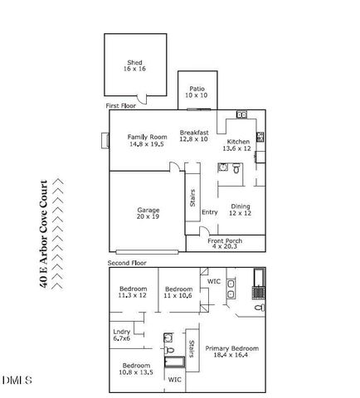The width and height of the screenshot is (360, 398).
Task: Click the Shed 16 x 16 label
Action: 135,66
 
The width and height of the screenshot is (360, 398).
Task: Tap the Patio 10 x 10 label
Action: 196,91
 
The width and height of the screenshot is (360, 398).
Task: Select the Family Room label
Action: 147,140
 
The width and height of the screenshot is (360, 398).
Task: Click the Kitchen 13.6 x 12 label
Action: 239,145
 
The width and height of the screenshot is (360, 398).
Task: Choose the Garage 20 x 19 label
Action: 148,213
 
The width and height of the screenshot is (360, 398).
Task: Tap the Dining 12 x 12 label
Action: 240,210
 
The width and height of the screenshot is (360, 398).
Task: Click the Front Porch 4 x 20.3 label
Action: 226,243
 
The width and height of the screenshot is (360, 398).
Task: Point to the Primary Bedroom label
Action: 232,351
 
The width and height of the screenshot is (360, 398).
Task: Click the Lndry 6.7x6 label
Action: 122,335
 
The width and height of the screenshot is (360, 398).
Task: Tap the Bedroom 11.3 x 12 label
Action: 132,292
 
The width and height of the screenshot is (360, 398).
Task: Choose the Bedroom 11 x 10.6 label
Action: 178,292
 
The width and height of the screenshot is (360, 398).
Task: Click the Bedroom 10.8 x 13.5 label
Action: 136,369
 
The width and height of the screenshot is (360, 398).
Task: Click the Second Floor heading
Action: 127,263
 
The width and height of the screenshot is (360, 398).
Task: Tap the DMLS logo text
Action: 17,381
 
